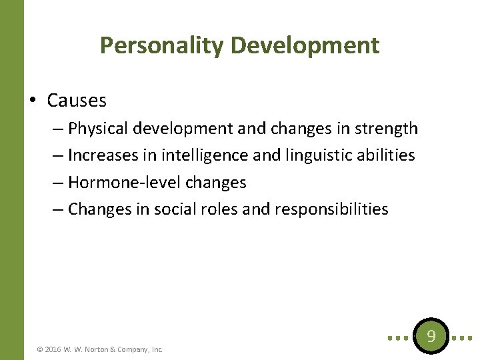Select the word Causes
click(77, 101)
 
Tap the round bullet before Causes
click(33, 101)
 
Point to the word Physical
click(99, 128)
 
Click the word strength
click(387, 128)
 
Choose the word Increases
click(103, 155)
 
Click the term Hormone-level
click(119, 182)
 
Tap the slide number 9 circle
click(431, 337)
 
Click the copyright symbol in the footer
click(40, 349)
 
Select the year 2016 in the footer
click(53, 349)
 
